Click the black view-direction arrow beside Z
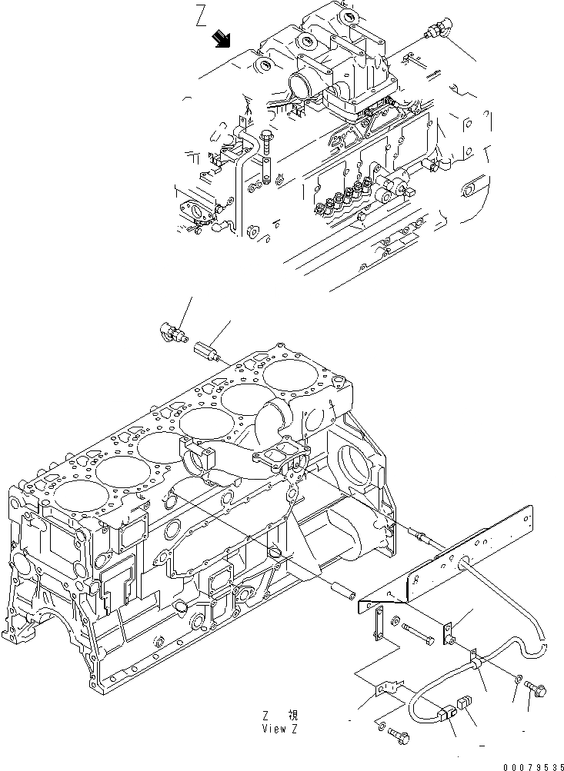coord(224,38)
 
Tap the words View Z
coord(279,728)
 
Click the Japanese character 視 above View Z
coord(293,715)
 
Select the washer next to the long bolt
coord(395,620)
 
